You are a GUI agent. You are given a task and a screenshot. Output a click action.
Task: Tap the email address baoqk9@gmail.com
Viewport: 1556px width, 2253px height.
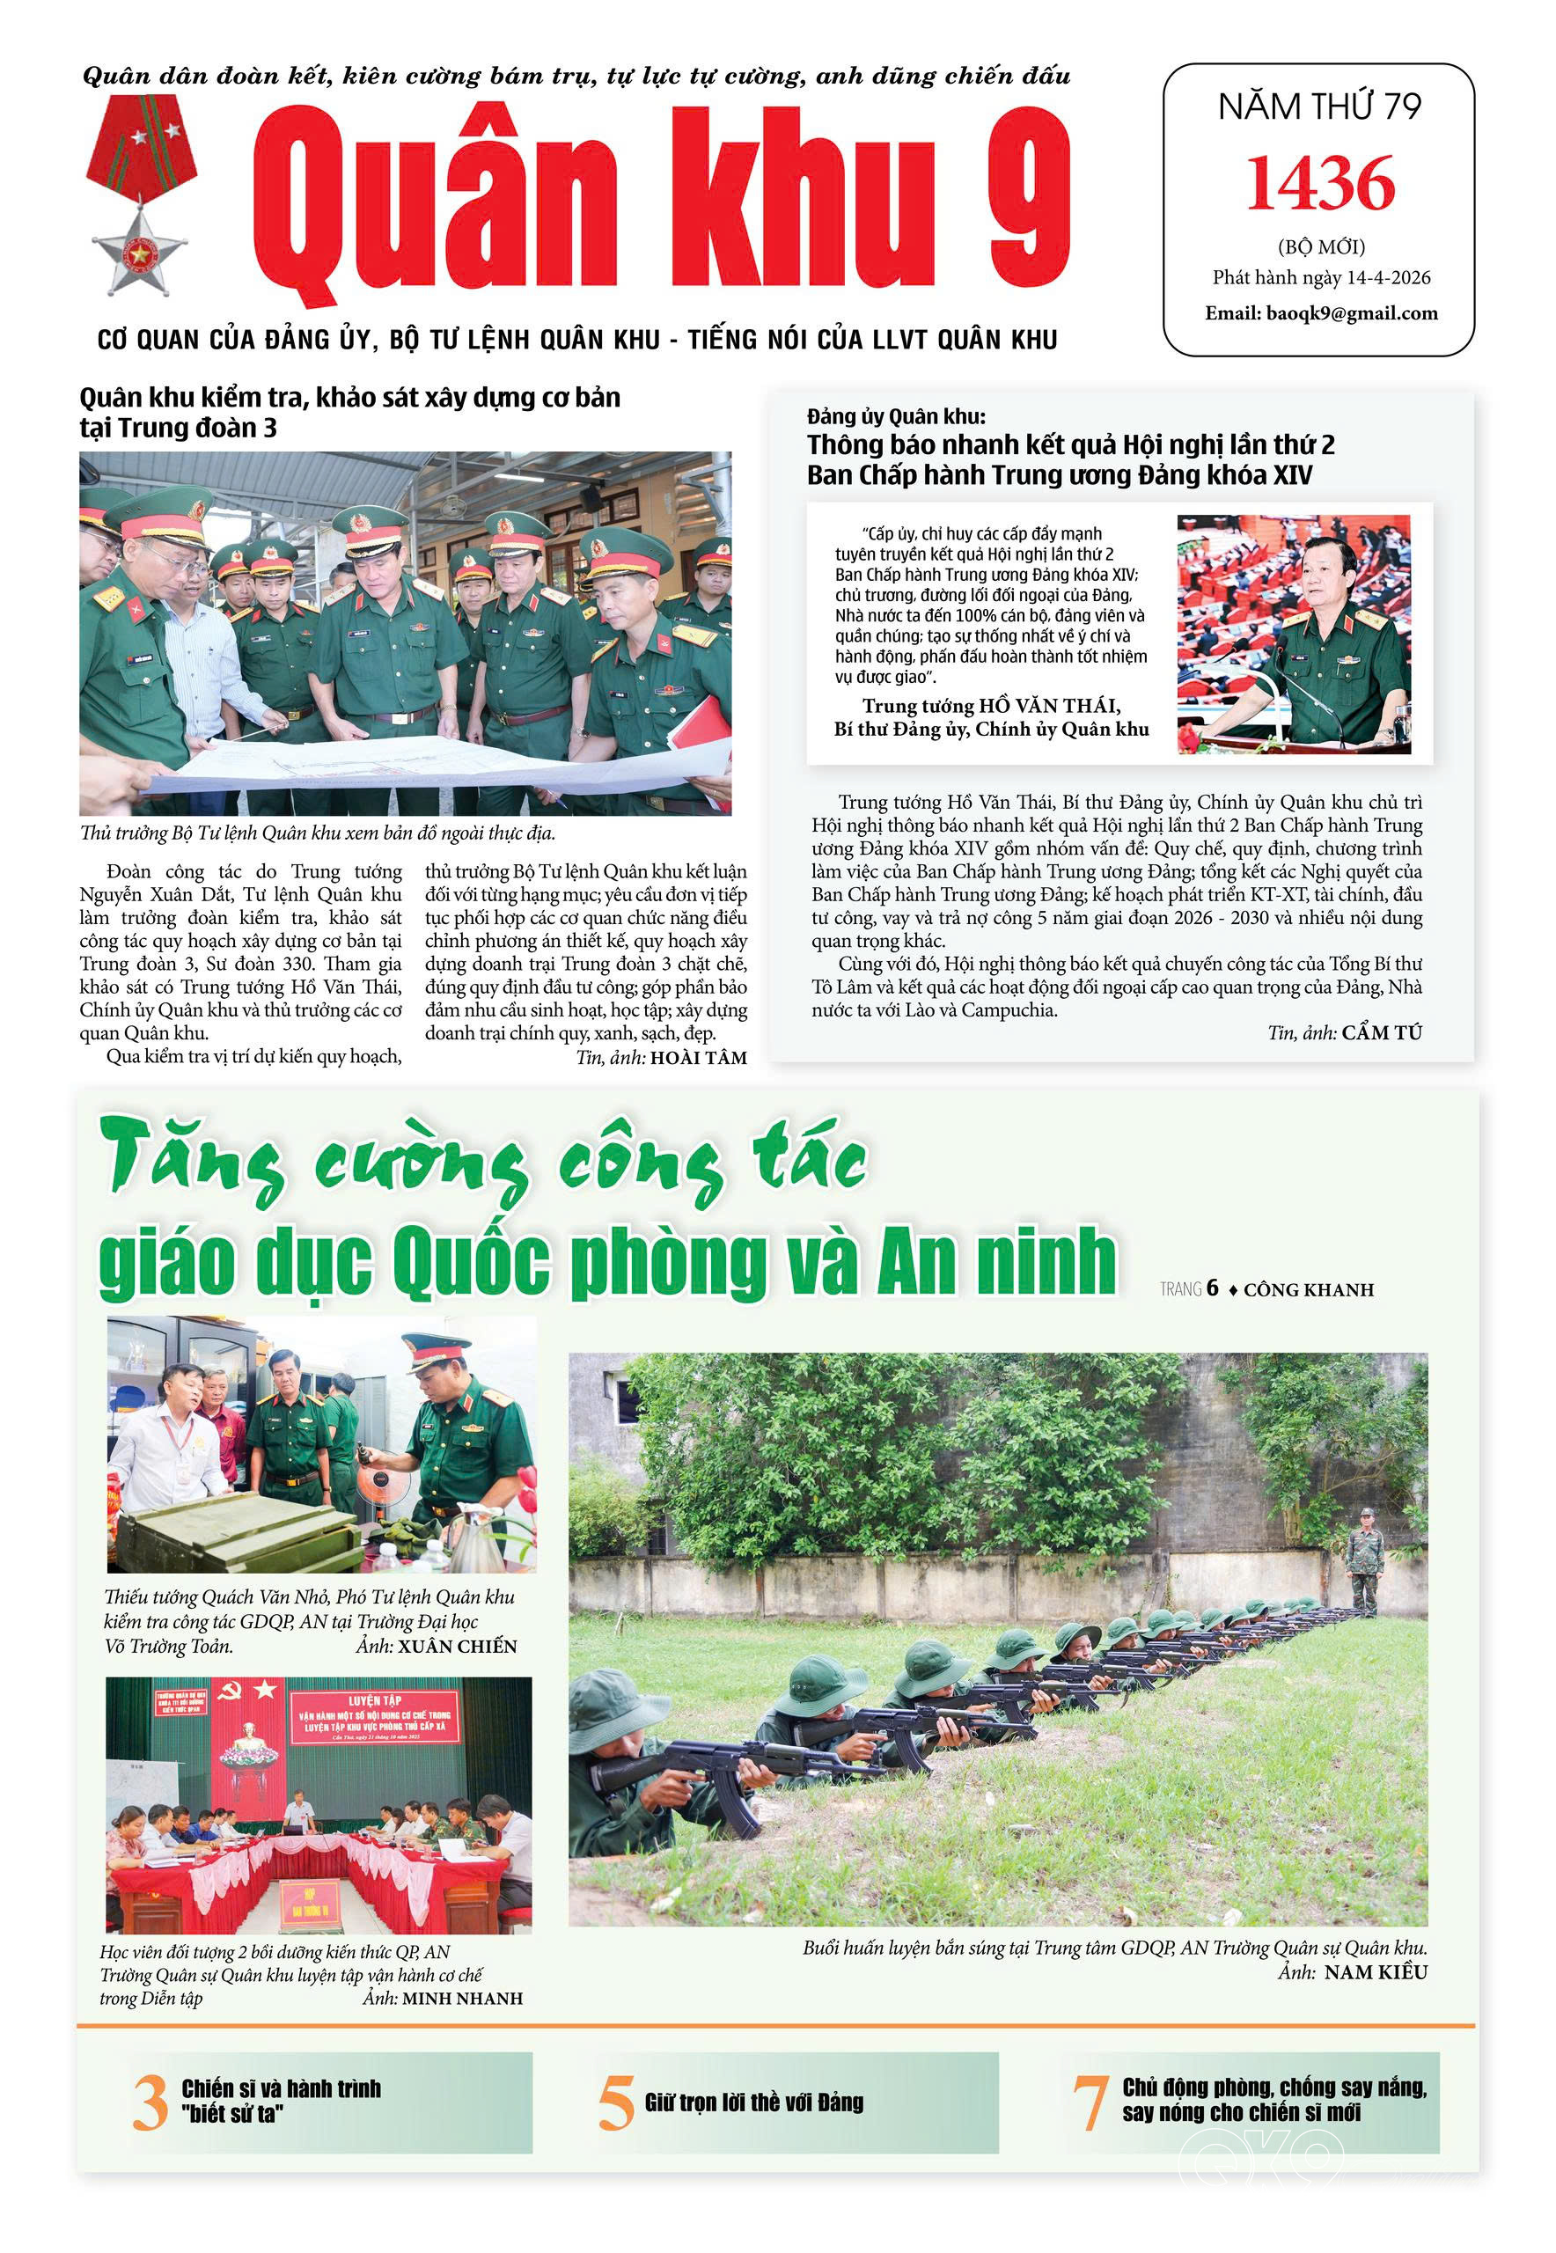click(1321, 313)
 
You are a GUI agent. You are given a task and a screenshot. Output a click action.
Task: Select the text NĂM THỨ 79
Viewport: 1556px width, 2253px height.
click(1319, 106)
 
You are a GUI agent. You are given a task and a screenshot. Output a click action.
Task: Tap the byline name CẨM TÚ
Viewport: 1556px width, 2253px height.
click(1382, 1032)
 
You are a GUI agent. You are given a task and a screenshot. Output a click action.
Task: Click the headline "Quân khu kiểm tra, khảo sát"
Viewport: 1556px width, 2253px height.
click(349, 398)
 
